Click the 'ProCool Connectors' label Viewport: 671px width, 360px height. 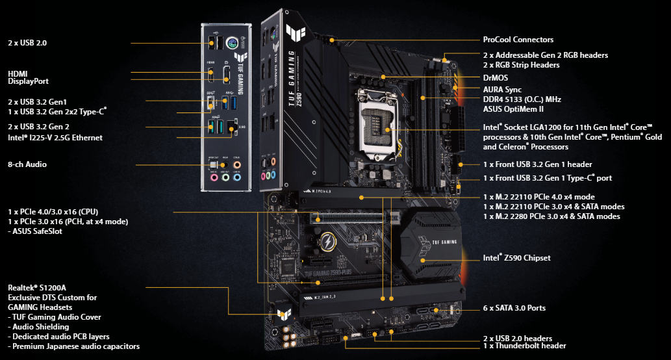pos(518,40)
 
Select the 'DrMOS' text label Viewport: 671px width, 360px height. pos(496,77)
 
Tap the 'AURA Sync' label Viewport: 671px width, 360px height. pos(502,89)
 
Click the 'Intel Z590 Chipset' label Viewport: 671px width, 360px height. pos(516,258)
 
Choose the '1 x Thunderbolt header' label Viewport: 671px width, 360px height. pos(524,346)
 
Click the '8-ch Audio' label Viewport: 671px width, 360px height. pos(27,165)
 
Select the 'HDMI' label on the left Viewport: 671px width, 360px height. pos(18,73)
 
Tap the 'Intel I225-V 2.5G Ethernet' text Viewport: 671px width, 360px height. pos(55,138)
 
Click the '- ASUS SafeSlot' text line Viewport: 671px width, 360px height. pos(35,231)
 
